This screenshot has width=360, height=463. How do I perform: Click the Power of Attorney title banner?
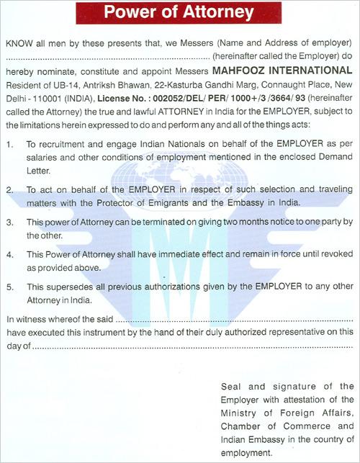(x=179, y=12)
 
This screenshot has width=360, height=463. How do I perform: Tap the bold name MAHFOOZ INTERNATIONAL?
(x=284, y=72)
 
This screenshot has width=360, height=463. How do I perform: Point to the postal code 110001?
(x=40, y=99)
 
